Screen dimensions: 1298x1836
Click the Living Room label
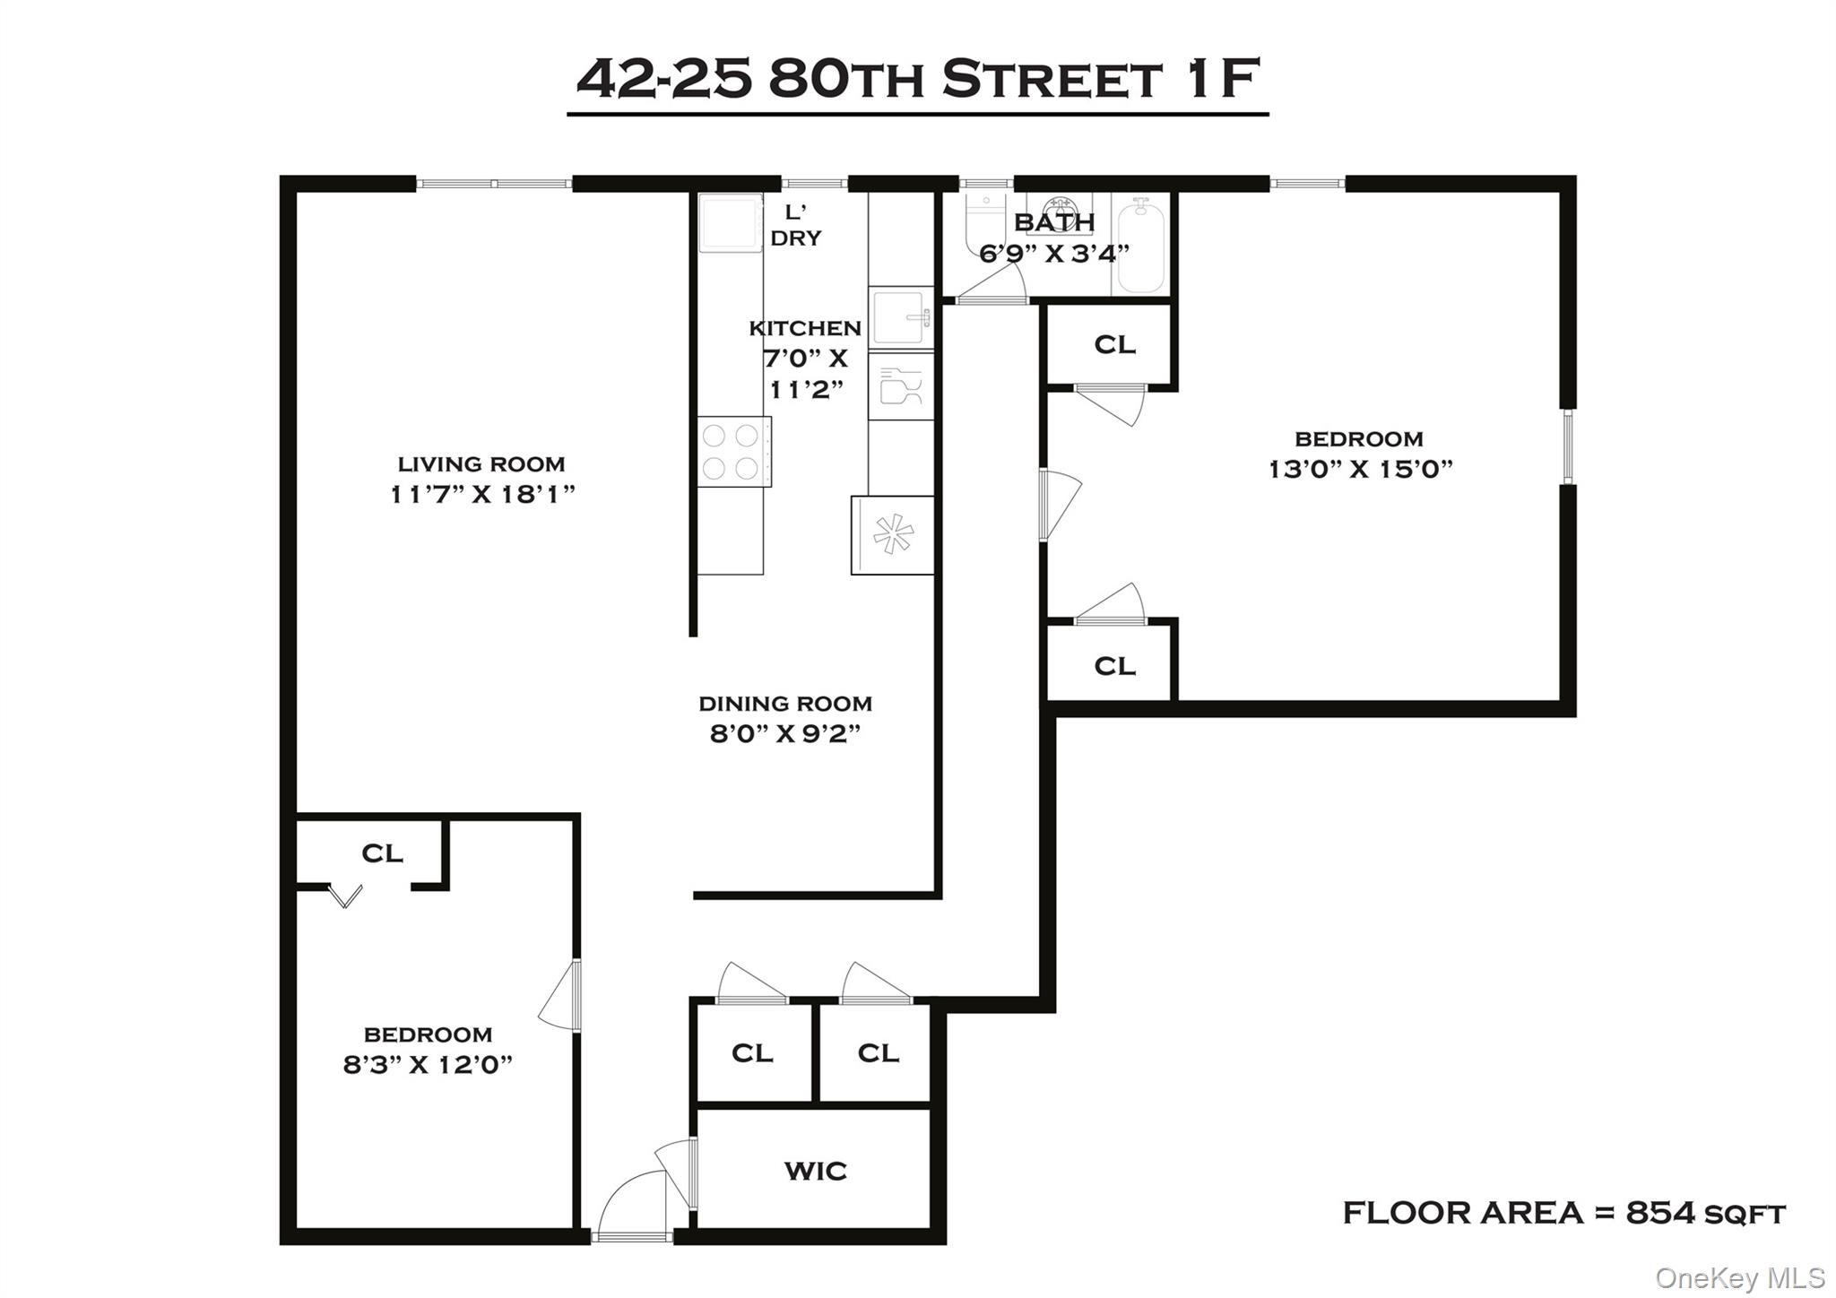[x=481, y=464]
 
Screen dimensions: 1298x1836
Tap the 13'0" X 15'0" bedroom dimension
[x=1360, y=469]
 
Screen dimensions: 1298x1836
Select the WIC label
[x=815, y=1171]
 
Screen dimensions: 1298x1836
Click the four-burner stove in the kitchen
[x=732, y=451]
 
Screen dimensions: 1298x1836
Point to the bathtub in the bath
[x=1140, y=246]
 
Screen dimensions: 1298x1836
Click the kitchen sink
[x=900, y=317]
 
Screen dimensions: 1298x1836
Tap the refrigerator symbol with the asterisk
[x=893, y=535]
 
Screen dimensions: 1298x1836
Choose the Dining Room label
[x=785, y=704]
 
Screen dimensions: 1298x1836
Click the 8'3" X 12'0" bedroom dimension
[x=428, y=1065]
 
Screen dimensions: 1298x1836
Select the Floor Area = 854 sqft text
[x=1563, y=1213]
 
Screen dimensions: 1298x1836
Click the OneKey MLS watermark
[x=1740, y=1277]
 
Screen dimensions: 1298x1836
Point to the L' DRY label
[x=795, y=225]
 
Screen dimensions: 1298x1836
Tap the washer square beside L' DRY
[x=730, y=222]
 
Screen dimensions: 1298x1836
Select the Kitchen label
[x=805, y=328]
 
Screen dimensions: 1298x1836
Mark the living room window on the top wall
[x=494, y=184]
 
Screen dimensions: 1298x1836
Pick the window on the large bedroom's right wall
[x=1568, y=446]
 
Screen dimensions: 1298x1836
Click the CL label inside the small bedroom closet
[x=382, y=853]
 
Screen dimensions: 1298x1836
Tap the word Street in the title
[x=1052, y=80]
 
